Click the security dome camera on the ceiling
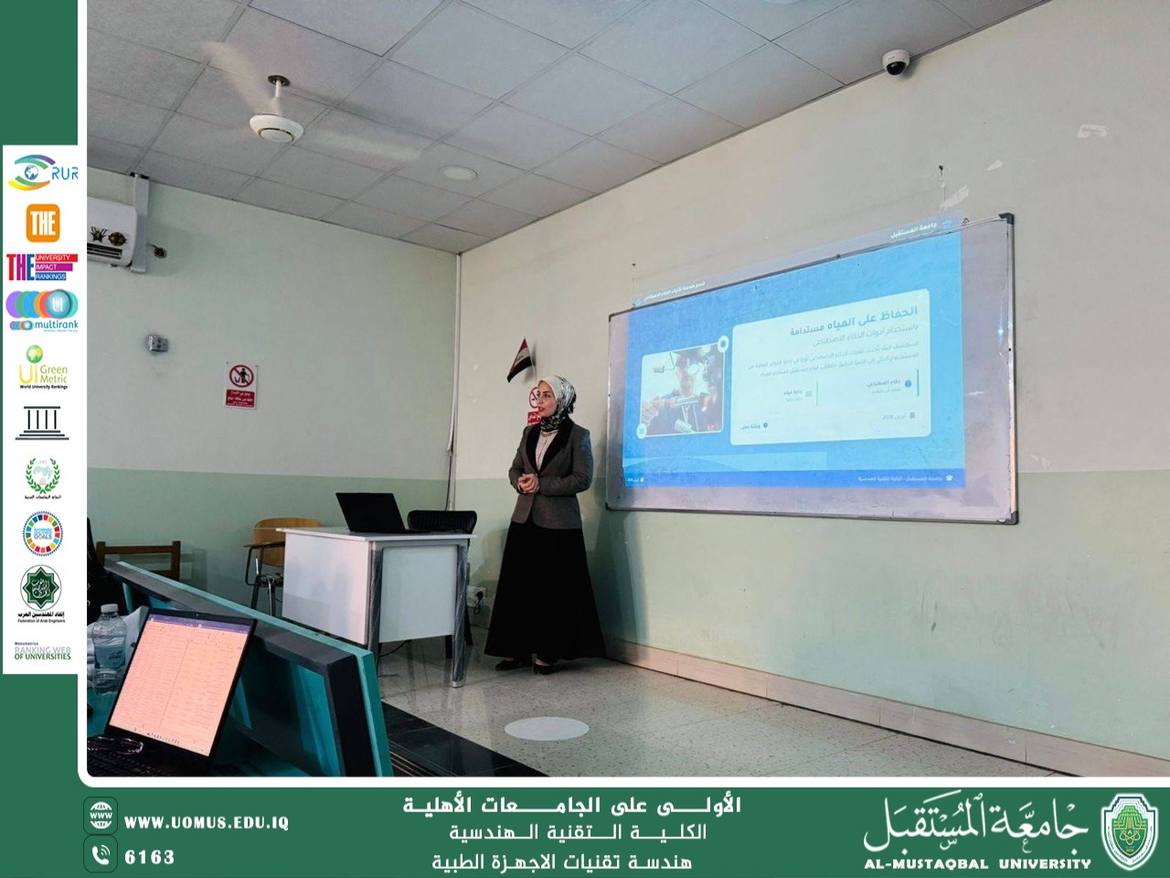(895, 62)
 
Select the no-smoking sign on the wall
(241, 385)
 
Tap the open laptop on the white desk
(369, 513)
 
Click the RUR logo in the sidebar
(41, 172)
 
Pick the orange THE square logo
(42, 222)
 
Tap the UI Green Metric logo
(42, 367)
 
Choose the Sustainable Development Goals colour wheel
(42, 533)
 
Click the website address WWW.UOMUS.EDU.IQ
(206, 822)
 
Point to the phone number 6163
(149, 857)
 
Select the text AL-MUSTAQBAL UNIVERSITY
(977, 862)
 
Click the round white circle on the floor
(546, 728)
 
